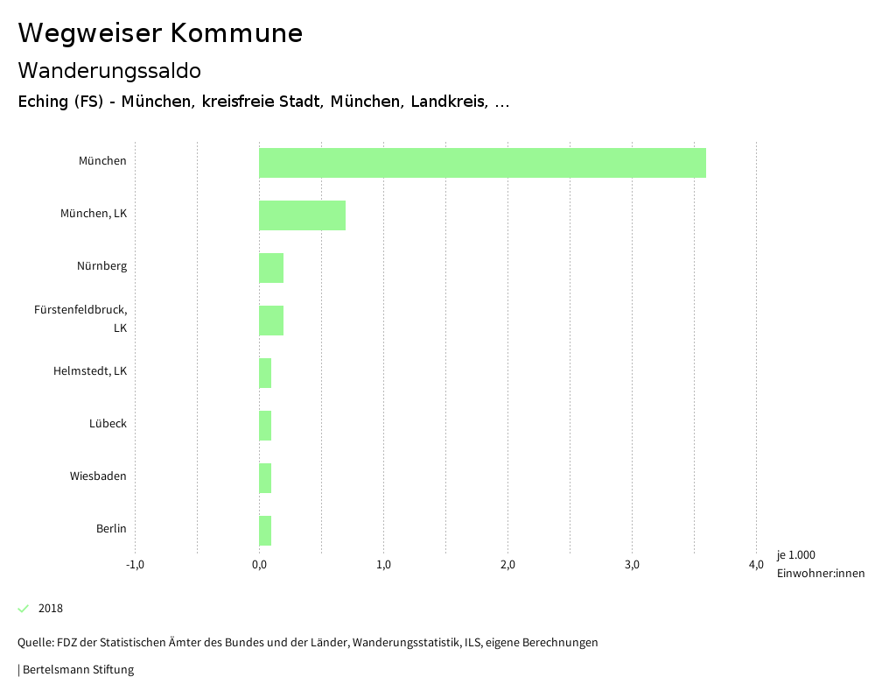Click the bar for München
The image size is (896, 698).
(482, 163)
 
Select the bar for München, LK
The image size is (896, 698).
(302, 215)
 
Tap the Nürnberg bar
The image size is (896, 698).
(271, 268)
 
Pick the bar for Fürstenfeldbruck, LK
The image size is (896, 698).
(271, 321)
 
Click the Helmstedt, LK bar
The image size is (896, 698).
(265, 373)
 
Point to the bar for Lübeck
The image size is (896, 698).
(265, 426)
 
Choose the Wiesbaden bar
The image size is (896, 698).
(265, 478)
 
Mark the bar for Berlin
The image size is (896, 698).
(265, 531)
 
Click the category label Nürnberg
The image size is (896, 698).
(101, 266)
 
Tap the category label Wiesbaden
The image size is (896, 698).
(98, 476)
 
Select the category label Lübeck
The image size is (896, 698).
(108, 424)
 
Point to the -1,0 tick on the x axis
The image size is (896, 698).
(135, 565)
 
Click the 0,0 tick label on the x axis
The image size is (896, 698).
(259, 565)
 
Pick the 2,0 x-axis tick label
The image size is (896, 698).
(507, 565)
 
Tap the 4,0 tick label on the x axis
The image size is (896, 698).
(756, 565)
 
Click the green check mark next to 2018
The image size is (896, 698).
(24, 609)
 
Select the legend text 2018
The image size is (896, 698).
(51, 609)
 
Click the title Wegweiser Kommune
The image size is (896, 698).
(160, 33)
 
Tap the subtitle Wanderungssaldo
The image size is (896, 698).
(109, 70)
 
